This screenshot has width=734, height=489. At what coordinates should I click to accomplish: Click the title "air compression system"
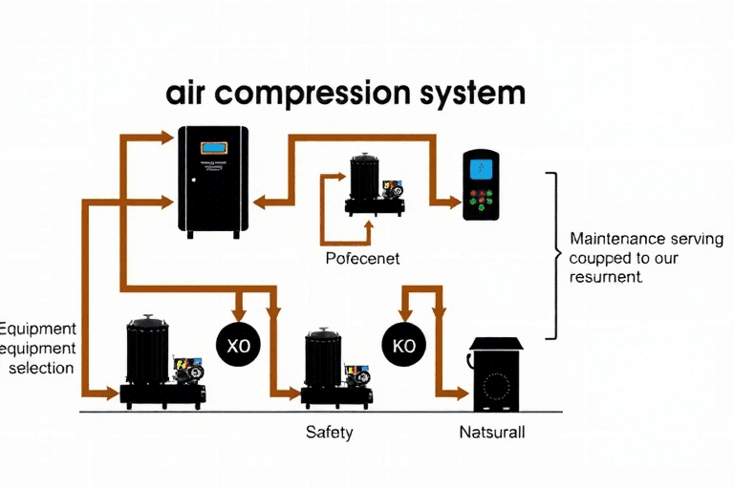(345, 95)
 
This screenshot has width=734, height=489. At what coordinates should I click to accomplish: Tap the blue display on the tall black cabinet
(213, 148)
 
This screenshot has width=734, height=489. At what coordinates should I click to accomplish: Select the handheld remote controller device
(481, 185)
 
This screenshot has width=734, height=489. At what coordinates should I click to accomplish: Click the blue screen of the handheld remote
(482, 168)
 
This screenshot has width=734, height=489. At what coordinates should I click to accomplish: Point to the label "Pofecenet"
(362, 258)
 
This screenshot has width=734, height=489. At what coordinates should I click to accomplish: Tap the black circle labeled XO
(238, 344)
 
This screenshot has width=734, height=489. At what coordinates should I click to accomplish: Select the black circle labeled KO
(404, 344)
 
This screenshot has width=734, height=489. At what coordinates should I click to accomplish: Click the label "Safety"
(329, 432)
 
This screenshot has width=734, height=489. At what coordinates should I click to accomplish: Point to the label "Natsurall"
(492, 432)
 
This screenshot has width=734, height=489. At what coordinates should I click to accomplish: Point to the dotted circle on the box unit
(496, 387)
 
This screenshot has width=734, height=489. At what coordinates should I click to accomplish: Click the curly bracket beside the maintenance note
(554, 255)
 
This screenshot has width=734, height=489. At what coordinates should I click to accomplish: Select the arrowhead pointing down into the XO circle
(239, 314)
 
